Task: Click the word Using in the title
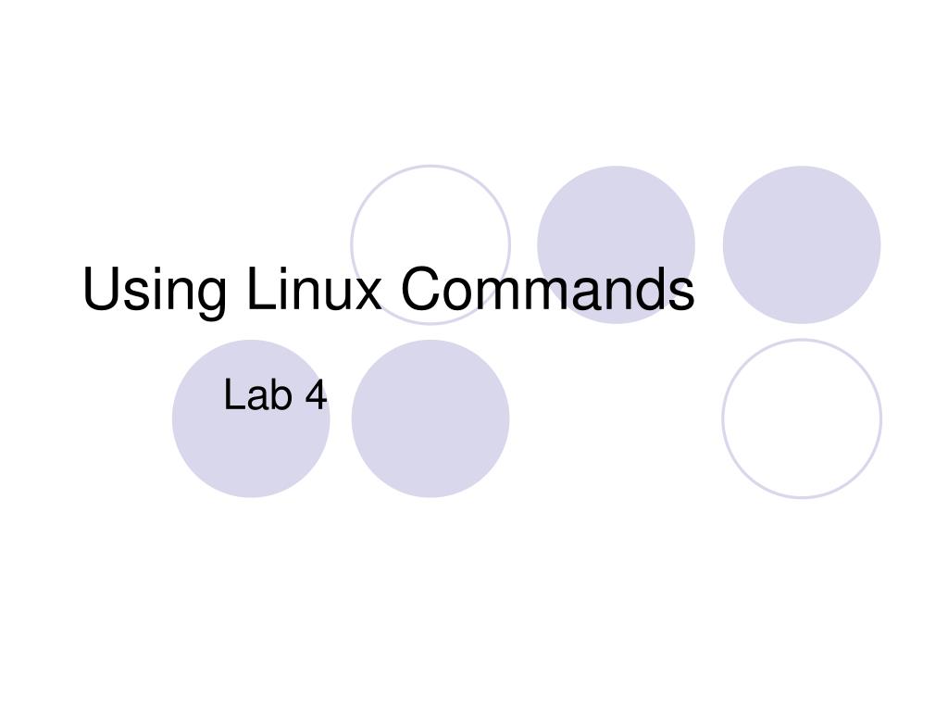point(155,292)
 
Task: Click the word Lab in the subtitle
point(258,394)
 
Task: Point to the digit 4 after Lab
point(316,394)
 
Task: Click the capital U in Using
point(102,289)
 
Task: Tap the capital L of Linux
point(261,289)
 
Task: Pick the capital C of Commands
point(421,289)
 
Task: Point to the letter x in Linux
point(366,294)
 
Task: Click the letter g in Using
point(210,299)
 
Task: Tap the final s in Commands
point(680,294)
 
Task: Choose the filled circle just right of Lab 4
point(430,418)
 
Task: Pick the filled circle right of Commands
point(802,244)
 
